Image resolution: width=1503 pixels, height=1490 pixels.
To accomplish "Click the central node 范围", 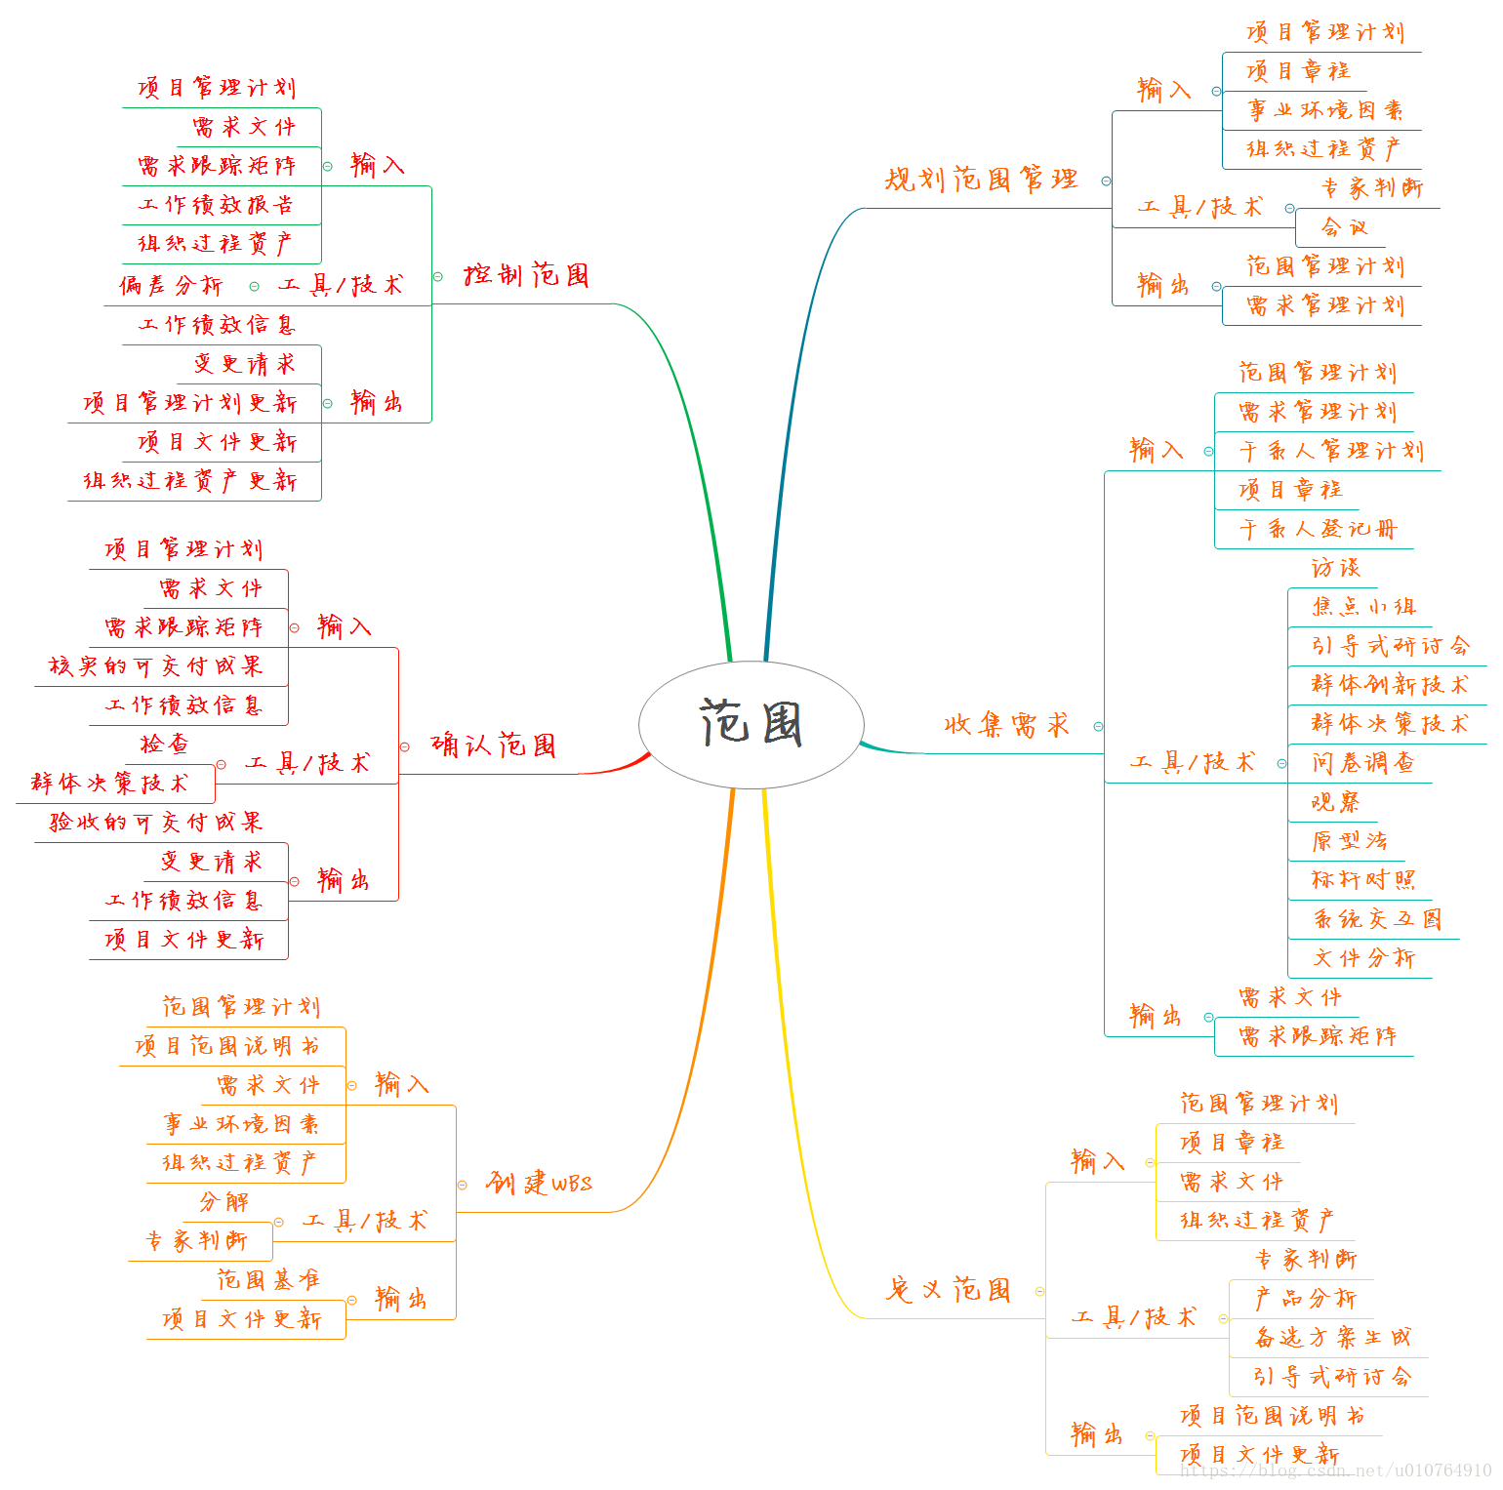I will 751,724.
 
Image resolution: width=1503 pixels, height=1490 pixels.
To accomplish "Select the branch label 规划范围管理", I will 981,180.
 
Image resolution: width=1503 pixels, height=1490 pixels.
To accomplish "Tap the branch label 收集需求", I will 1006,725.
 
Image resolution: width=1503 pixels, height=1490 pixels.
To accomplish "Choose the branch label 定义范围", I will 948,1290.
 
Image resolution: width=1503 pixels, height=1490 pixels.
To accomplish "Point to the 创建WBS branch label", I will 539,1184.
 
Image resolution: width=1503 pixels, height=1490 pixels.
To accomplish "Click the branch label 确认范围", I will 493,745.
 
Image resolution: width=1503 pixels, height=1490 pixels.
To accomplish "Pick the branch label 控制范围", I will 526,275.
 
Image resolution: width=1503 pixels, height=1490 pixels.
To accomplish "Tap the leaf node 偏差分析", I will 172,285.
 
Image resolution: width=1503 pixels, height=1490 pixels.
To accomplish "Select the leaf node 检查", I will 164,745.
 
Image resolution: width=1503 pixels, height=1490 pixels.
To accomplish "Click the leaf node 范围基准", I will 267,1279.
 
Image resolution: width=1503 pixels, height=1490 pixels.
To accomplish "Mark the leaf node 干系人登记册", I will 1318,529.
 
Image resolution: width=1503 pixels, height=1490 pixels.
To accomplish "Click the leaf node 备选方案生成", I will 1332,1338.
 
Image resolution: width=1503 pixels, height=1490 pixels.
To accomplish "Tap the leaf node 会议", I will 1344,227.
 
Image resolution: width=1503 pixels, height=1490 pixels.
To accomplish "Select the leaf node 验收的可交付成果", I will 156,823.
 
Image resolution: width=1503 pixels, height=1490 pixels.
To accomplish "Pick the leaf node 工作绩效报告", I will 215,205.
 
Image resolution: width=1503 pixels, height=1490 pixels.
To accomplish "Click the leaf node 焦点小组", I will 1362,607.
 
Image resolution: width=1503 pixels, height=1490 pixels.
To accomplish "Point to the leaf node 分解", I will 223,1202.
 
